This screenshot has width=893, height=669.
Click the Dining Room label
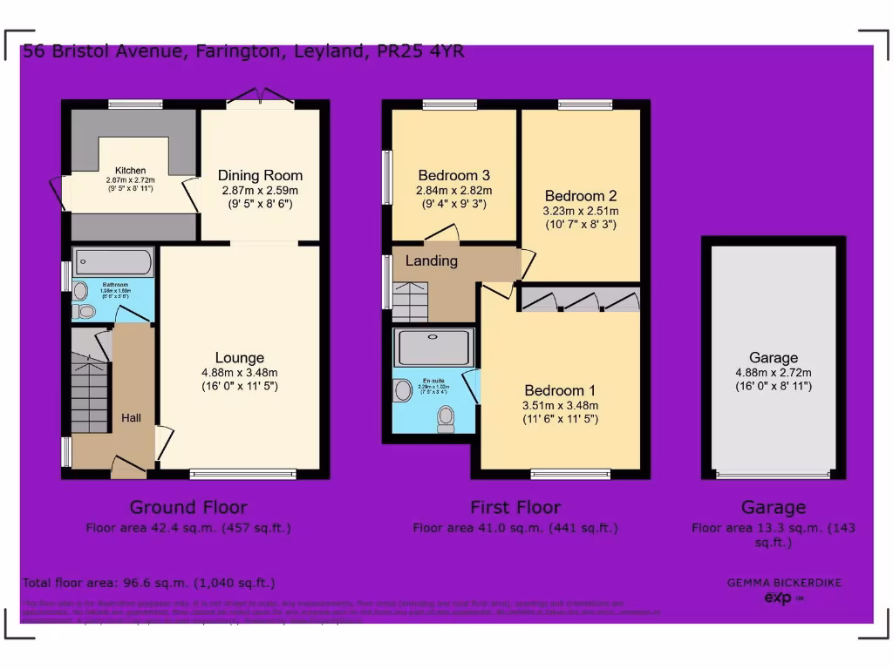tap(260, 176)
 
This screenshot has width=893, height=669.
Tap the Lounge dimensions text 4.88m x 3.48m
tap(240, 373)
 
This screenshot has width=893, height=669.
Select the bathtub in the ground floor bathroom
tap(113, 262)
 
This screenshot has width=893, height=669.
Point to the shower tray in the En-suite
tap(434, 348)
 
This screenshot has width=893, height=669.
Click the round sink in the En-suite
tap(403, 389)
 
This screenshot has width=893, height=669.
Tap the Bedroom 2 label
tap(581, 196)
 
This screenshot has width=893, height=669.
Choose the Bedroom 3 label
tap(454, 175)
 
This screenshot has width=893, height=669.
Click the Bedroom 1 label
tap(560, 390)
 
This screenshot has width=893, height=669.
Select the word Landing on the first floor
tap(431, 260)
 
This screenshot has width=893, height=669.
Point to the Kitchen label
tap(132, 170)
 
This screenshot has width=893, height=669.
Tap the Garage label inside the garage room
tap(774, 358)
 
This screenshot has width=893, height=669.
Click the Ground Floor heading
tap(188, 507)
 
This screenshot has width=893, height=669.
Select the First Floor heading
tap(515, 507)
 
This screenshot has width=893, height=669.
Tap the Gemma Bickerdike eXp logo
tap(784, 591)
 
